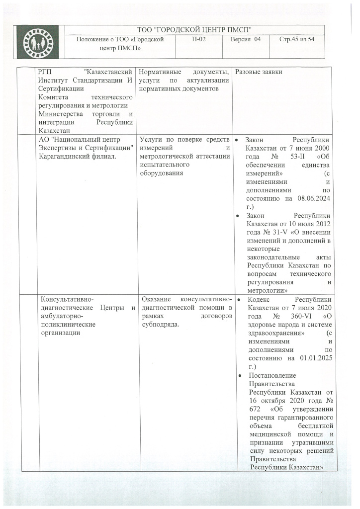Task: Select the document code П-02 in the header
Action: pyautogui.click(x=199, y=39)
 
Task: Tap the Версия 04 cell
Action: pyautogui.click(x=246, y=39)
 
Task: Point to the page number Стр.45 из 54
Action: pyautogui.click(x=297, y=39)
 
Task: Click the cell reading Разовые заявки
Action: pyautogui.click(x=259, y=73)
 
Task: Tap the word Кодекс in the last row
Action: pyautogui.click(x=259, y=299)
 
